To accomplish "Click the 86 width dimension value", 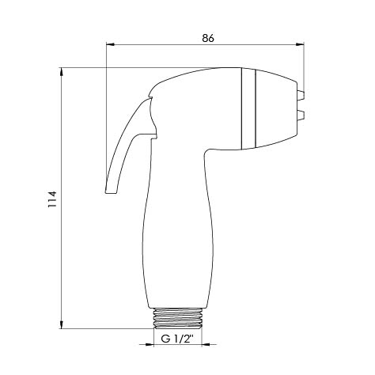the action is (208, 38).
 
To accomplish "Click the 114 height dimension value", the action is (52, 199).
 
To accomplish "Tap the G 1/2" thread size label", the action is (177, 339).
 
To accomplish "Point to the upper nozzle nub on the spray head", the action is (301, 95).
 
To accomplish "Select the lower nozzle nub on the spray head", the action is (301, 116).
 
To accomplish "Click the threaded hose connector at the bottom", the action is (177, 318).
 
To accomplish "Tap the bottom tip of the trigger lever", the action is (111, 191).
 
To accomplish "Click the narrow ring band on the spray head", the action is (248, 108).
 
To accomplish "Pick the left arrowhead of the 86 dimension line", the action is (110, 44).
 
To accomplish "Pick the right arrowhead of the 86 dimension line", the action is (300, 44).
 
